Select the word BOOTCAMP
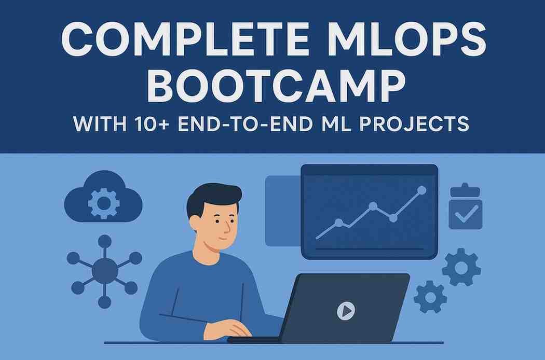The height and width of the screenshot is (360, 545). coord(276,87)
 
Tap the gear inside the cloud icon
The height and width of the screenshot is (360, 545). coord(104,202)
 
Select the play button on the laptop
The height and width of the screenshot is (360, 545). coord(346,311)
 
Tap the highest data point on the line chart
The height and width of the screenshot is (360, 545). coord(421,190)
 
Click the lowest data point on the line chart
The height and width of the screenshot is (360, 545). coord(338,223)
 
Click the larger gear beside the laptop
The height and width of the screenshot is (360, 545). coord(461,268)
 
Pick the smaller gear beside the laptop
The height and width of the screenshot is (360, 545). coord(430,297)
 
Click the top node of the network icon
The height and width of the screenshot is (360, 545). coord(104,241)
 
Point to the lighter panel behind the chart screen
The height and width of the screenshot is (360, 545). coord(282,210)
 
